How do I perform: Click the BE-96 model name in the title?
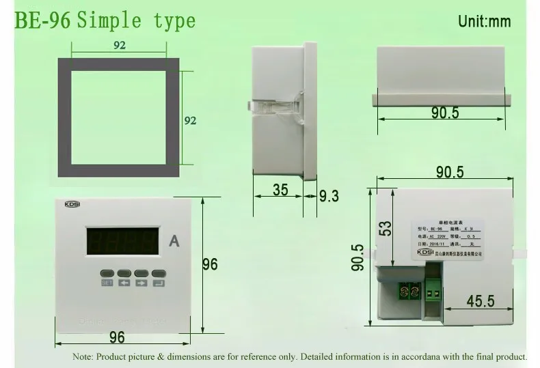coord(42,20)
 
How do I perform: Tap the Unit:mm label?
coord(484,21)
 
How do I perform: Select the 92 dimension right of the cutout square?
coord(191,121)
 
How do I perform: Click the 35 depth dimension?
coord(280,190)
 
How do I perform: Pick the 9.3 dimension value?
coord(329,196)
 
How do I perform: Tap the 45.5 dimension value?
coord(481,301)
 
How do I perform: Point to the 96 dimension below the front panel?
coord(117,337)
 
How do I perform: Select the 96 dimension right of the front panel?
coord(210,264)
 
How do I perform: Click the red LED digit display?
coord(124,241)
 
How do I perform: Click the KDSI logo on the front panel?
coord(73,204)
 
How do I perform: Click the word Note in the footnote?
coord(82,356)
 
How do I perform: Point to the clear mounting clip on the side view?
coord(270,107)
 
